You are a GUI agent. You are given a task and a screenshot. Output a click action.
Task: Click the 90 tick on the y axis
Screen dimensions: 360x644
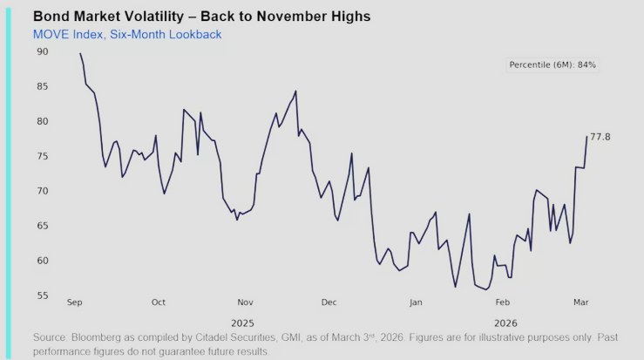coord(43,51)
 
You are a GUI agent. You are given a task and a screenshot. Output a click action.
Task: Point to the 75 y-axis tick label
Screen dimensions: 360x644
coord(43,156)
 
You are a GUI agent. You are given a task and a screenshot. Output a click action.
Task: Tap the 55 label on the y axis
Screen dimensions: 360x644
coord(43,296)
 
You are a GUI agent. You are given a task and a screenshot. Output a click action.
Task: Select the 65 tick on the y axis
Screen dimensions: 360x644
coord(43,226)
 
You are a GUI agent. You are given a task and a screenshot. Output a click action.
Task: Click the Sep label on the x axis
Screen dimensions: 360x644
coord(75,302)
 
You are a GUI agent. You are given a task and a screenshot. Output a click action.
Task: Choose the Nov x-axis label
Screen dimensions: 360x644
coord(244,302)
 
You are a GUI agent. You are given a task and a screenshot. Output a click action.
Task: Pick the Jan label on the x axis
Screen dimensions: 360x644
coord(416,302)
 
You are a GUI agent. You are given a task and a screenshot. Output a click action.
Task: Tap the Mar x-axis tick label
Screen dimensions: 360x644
coord(582,302)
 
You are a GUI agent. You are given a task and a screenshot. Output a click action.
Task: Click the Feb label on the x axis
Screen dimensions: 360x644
coord(502,302)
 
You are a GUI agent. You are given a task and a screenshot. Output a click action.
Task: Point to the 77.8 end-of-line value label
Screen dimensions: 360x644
coord(600,137)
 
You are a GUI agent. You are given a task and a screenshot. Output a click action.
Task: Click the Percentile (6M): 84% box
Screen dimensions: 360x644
coord(552,65)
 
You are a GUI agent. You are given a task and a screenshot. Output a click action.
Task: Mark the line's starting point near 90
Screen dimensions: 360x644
coord(80,53)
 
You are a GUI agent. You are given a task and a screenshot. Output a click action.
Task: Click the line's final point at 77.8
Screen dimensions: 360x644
coord(586,137)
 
